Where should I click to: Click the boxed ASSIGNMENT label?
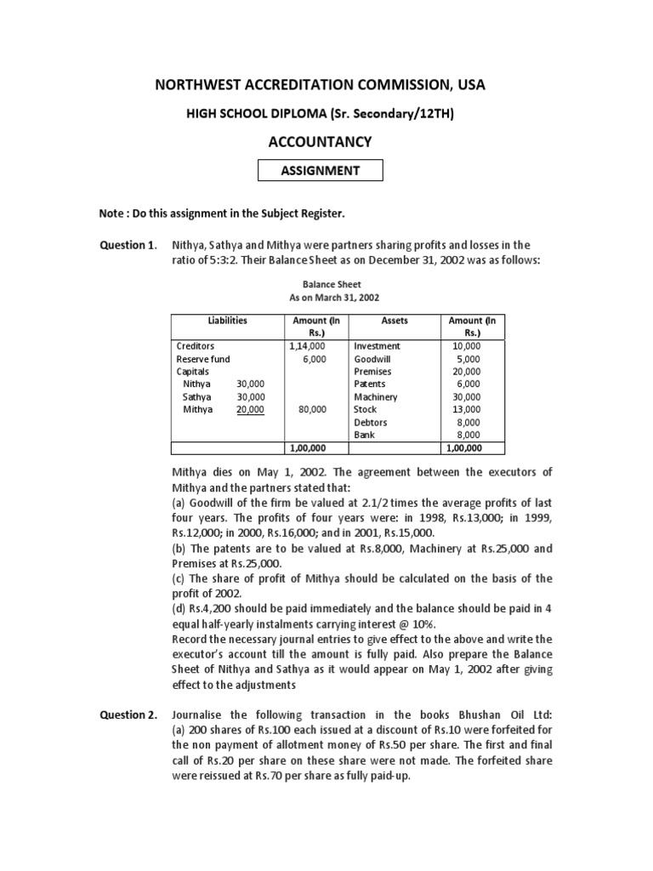[x=321, y=170]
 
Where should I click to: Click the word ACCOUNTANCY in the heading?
[x=321, y=141]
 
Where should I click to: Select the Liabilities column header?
[x=227, y=321]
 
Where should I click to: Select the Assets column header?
[x=394, y=321]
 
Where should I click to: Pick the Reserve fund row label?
[x=202, y=359]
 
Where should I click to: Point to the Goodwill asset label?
[x=371, y=359]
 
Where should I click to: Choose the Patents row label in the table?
[x=370, y=384]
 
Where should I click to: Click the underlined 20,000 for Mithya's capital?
[x=251, y=409]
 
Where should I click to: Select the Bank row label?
[x=364, y=435]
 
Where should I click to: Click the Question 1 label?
[x=128, y=245]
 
